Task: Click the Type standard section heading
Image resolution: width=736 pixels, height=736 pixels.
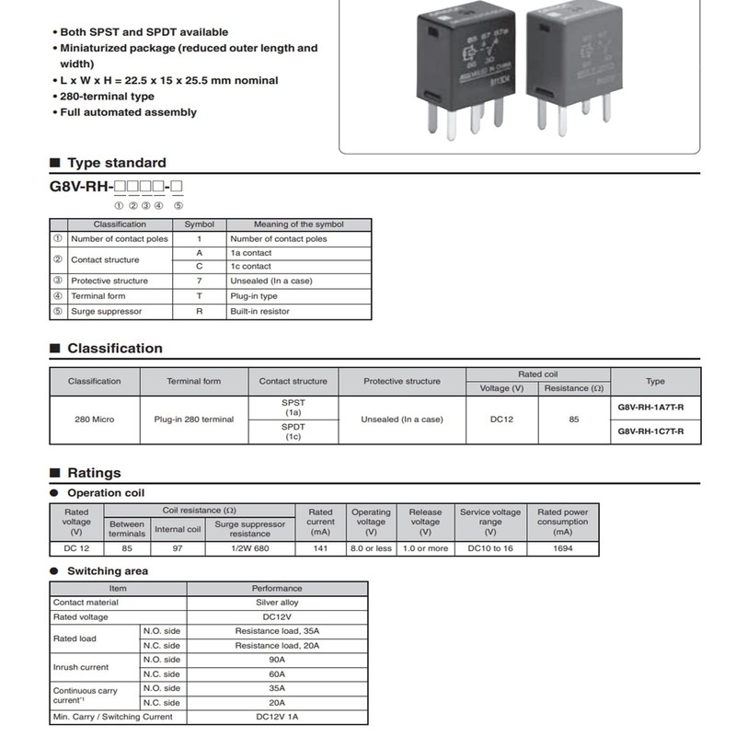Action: coord(116,163)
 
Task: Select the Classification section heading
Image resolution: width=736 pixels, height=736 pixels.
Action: coord(114,349)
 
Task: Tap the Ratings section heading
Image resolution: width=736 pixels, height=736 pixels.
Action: coord(94,473)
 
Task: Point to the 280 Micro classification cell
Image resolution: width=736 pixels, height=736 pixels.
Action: coord(94,419)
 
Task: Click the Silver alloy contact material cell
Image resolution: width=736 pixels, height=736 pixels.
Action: coord(277,603)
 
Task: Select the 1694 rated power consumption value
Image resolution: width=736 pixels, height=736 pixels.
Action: coord(562,548)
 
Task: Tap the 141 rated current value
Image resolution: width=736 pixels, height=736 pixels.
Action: coord(320,548)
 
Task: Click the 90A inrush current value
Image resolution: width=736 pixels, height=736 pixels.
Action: coord(277,660)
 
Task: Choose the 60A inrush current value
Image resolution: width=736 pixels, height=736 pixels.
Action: coord(277,674)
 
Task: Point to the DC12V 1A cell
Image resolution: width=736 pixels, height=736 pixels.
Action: coord(277,717)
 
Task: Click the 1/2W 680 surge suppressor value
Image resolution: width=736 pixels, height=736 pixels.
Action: coord(249,548)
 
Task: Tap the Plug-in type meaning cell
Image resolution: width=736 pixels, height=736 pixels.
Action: coord(253,296)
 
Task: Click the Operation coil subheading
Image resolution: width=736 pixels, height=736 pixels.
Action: coord(106,493)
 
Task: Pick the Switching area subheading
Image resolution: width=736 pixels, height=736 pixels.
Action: coord(108,571)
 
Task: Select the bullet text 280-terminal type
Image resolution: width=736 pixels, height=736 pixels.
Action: coord(107,97)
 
